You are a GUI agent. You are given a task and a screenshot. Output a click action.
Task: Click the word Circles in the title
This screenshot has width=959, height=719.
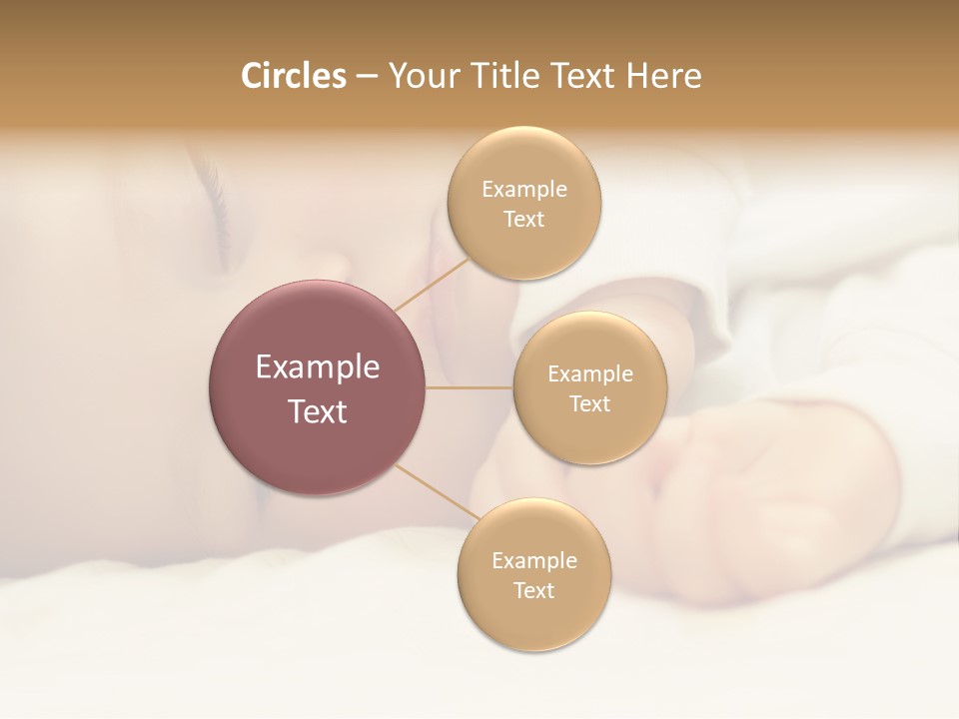(293, 76)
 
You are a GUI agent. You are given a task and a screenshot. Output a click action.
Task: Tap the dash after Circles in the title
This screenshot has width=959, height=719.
(367, 77)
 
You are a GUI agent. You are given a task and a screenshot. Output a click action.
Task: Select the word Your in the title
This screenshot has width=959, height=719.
(421, 77)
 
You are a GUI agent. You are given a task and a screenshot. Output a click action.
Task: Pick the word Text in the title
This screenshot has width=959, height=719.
(580, 76)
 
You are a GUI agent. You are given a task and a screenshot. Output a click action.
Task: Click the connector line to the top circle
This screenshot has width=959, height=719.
(432, 284)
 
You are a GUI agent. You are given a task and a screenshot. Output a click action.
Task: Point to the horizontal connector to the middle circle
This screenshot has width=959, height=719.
(470, 387)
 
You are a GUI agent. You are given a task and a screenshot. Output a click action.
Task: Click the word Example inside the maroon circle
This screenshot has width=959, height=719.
(318, 367)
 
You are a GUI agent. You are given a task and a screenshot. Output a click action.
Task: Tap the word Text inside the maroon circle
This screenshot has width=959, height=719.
(318, 411)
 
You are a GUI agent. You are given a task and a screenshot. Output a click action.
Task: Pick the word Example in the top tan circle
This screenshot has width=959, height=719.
(523, 189)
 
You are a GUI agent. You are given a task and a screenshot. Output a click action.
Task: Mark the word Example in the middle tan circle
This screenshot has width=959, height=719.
(589, 373)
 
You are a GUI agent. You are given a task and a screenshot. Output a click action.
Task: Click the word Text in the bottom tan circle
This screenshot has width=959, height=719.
(533, 590)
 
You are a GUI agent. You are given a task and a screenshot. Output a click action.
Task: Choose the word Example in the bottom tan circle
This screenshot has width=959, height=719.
(533, 560)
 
